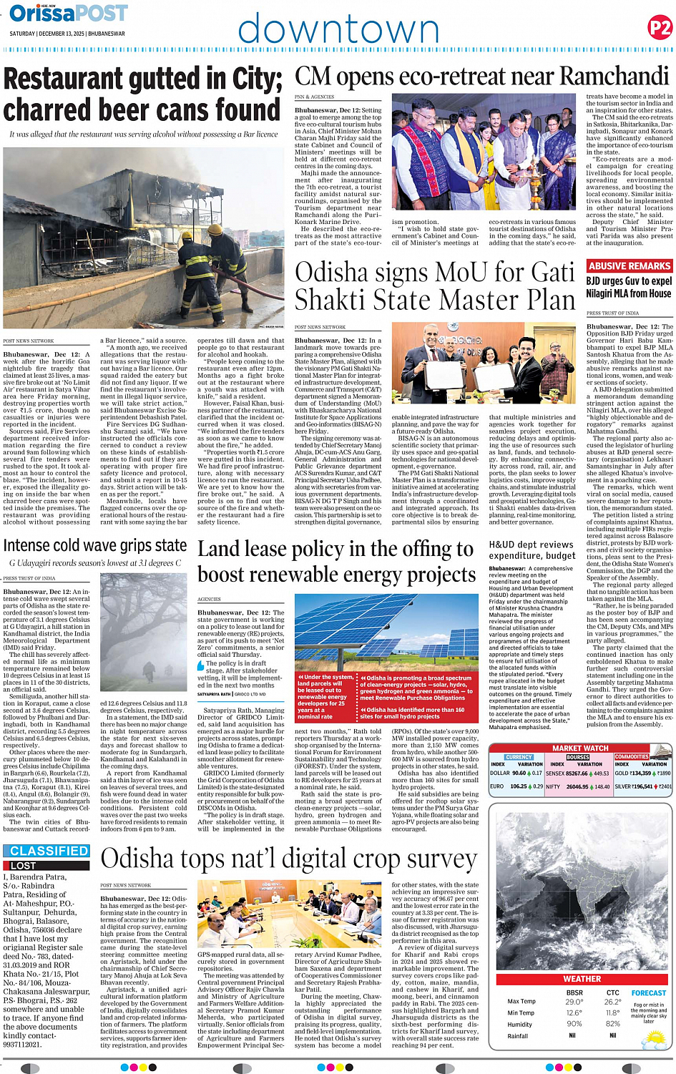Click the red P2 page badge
[x=659, y=28]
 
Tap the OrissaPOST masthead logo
[x=69, y=13]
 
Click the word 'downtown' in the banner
[x=338, y=31]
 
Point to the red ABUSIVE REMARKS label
[x=629, y=265]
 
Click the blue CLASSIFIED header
[x=49, y=851]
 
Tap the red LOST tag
[x=23, y=865]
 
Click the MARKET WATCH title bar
[x=580, y=748]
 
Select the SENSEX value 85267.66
[x=577, y=773]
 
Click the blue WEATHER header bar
[x=582, y=979]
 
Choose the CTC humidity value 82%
[x=612, y=1024]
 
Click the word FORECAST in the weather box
[x=648, y=993]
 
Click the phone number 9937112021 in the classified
[x=22, y=1044]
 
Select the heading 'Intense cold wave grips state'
[x=95, y=545]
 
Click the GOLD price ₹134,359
[x=640, y=773]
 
